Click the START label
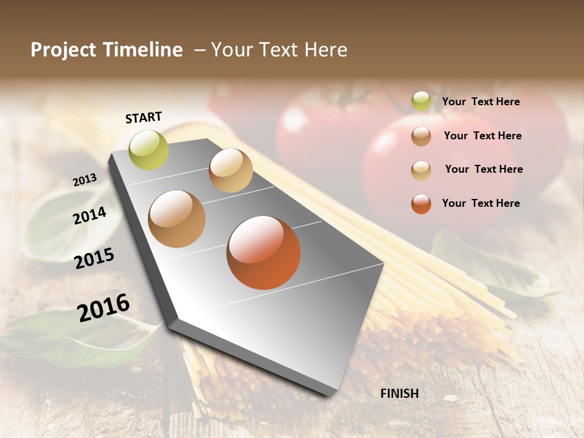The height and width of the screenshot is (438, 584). (x=144, y=117)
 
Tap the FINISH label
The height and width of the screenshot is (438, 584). (x=399, y=394)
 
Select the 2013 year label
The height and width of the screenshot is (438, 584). (x=85, y=180)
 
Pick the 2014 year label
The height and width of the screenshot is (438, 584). (x=89, y=215)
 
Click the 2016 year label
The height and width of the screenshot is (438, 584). (x=103, y=307)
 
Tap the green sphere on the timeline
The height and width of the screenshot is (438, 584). (x=148, y=150)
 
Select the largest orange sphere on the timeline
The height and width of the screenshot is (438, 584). (x=263, y=252)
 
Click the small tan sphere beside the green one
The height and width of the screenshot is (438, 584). (x=231, y=170)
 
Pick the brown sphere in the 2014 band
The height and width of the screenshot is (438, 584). (x=176, y=219)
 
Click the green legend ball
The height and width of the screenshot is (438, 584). (x=421, y=102)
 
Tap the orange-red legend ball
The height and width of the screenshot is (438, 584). (x=421, y=204)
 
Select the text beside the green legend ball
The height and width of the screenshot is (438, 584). (x=481, y=102)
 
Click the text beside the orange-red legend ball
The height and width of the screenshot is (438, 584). (x=481, y=203)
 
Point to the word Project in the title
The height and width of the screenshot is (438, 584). (x=63, y=50)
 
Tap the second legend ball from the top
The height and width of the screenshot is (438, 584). (x=421, y=136)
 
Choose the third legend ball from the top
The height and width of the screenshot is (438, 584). (x=421, y=170)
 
